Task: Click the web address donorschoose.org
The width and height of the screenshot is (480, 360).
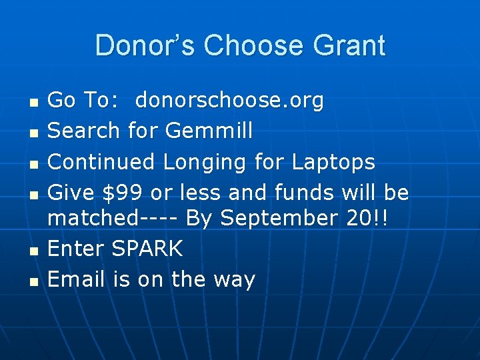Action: (x=229, y=101)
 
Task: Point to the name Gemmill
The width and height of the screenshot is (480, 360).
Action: (x=209, y=131)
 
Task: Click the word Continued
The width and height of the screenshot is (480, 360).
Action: (x=103, y=162)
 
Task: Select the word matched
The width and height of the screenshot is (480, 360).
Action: (x=91, y=218)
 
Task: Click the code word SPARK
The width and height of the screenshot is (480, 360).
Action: (x=147, y=249)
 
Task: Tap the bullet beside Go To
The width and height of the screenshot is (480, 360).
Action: (x=33, y=102)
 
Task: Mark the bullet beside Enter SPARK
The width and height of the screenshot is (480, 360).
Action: (x=33, y=251)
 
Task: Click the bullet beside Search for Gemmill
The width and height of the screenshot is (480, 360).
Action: (x=33, y=133)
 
